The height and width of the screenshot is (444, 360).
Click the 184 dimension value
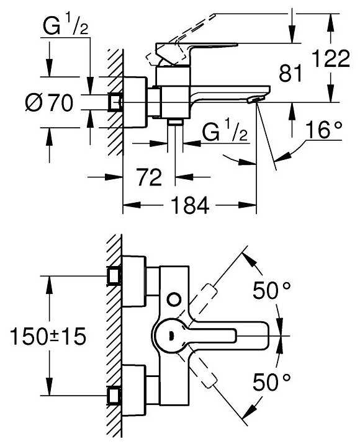click(x=190, y=206)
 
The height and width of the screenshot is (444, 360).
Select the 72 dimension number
click(x=150, y=177)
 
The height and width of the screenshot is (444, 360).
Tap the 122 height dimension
click(x=331, y=58)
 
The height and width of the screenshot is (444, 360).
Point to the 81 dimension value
click(x=290, y=73)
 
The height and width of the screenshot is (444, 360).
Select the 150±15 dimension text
click(x=48, y=336)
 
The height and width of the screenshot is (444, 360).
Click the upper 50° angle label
click(x=272, y=290)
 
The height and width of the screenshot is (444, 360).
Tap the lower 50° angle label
click(x=272, y=382)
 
